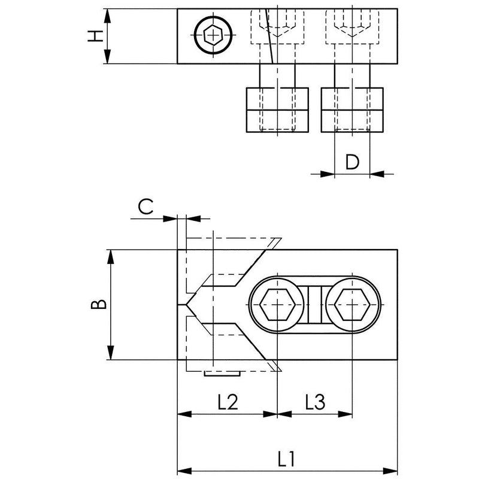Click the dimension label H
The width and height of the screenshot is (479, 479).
tap(95, 36)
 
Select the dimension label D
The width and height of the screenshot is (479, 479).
tap(352, 162)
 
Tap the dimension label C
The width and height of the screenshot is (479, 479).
tap(145, 207)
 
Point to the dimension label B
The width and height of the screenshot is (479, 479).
tap(99, 305)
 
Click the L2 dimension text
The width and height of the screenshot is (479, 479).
tap(228, 402)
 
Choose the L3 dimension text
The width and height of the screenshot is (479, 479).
tap(316, 402)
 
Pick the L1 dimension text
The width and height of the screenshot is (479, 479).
tap(286, 459)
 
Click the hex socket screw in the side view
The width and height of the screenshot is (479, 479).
tap(213, 35)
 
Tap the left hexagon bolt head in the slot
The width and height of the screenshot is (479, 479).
tap(277, 305)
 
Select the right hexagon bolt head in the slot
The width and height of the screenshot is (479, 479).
tap(352, 305)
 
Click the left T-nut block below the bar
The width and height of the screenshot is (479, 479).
tap(277, 110)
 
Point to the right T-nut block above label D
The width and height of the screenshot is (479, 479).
tap(352, 110)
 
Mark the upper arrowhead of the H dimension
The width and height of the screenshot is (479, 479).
tap(107, 16)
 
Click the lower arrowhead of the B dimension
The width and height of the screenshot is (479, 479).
tap(111, 353)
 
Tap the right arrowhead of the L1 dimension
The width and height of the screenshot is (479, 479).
tap(390, 471)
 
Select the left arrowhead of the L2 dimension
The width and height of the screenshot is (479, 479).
tap(184, 414)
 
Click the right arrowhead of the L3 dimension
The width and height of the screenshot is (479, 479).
tap(345, 414)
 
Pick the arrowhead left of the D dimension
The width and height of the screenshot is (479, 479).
tap(328, 174)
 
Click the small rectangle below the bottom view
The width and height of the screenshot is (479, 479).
tap(222, 373)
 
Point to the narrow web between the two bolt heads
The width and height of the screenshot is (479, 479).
tap(315, 305)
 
